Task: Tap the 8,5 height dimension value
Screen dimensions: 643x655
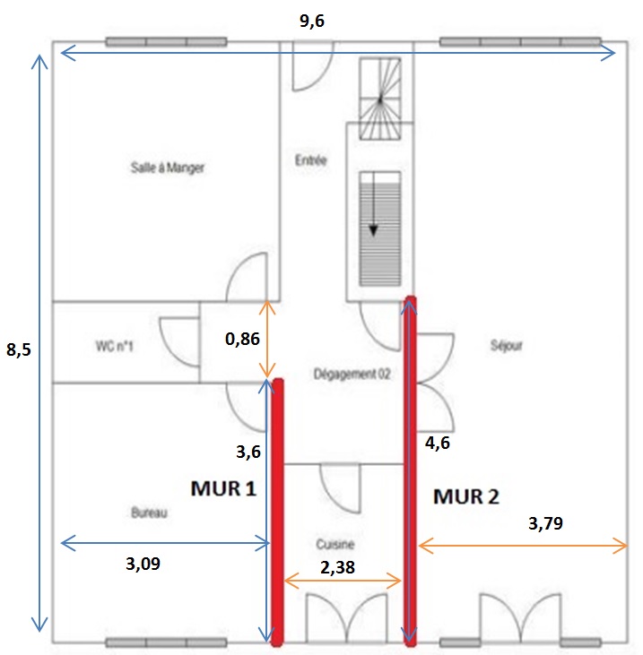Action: tap(18, 349)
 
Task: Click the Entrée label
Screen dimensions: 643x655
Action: tap(310, 161)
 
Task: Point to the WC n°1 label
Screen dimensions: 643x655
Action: tap(114, 344)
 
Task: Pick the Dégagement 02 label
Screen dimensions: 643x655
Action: tap(352, 374)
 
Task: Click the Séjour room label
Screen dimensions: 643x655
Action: tap(507, 345)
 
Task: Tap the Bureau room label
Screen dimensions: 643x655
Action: tap(151, 513)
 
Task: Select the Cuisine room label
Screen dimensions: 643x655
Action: tap(335, 544)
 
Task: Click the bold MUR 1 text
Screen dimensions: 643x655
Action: tap(223, 488)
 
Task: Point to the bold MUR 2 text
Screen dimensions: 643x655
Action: tap(466, 496)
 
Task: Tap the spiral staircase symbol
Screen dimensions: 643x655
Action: tap(380, 99)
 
